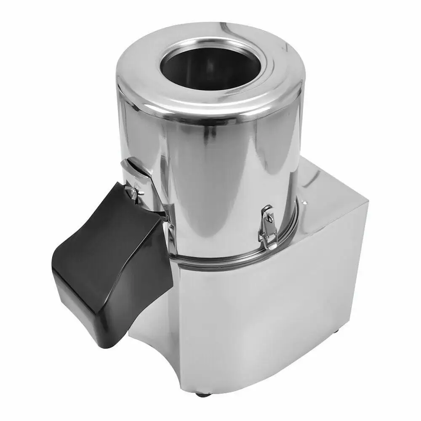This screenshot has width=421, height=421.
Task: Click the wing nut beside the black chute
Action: [x=134, y=193]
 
